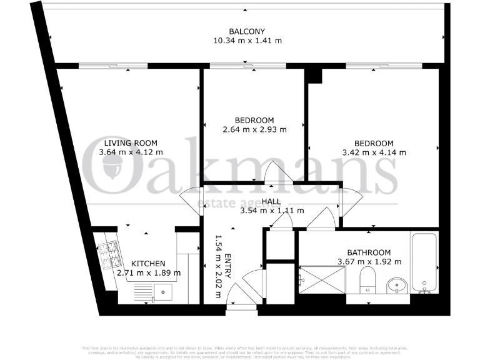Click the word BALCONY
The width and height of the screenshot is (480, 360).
point(247,32)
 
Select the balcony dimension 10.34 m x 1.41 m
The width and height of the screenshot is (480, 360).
point(247,41)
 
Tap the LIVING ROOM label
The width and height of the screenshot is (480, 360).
point(131,142)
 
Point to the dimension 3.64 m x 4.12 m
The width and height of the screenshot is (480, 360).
point(131,152)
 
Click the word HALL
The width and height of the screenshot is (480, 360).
point(271,201)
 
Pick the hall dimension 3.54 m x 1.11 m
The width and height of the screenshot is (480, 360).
point(272,211)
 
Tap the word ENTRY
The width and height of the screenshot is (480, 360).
point(227,267)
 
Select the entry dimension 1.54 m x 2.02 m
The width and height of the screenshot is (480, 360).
point(218,267)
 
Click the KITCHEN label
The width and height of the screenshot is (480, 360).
point(148,264)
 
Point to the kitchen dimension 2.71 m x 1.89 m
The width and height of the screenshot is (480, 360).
point(149,272)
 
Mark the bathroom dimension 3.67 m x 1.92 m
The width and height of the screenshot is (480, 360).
point(369,261)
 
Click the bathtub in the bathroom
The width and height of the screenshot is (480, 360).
point(425,262)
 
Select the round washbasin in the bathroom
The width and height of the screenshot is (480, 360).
point(396,284)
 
